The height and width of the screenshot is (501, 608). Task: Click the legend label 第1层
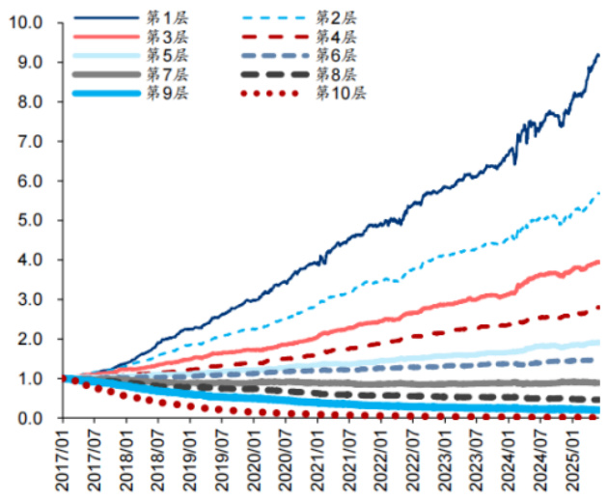(x=160, y=18)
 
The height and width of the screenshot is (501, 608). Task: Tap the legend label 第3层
(x=160, y=37)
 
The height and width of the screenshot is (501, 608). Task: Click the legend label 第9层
(x=160, y=94)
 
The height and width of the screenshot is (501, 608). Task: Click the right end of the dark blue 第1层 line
(x=597, y=55)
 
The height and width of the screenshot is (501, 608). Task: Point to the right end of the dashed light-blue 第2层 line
(x=599, y=193)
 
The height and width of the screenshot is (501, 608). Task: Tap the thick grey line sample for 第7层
(x=104, y=74)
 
